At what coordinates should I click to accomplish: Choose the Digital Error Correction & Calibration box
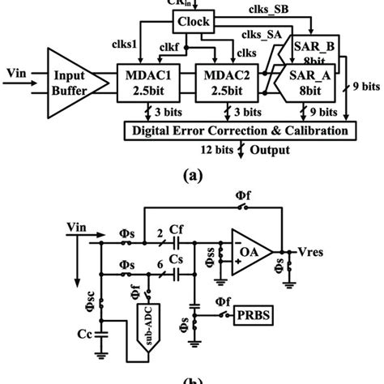coord(240,130)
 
